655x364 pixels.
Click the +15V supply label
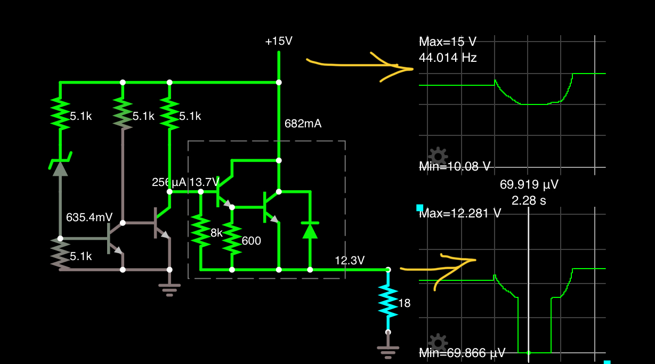coord(279,42)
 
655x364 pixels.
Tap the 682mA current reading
coord(302,124)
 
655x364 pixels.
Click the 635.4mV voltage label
coord(89,217)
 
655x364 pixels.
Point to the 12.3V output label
coord(350,261)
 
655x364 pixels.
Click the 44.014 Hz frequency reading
coord(448,58)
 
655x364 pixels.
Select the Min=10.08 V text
coord(455,166)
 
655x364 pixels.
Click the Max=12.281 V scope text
coord(460,214)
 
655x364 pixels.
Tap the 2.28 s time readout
coord(528,201)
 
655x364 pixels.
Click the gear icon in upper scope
coord(438,156)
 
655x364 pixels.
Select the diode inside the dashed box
coord(310,230)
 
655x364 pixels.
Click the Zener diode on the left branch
coord(60,167)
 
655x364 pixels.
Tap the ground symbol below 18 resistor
coord(388,350)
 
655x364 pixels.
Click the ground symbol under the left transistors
coord(169,289)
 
